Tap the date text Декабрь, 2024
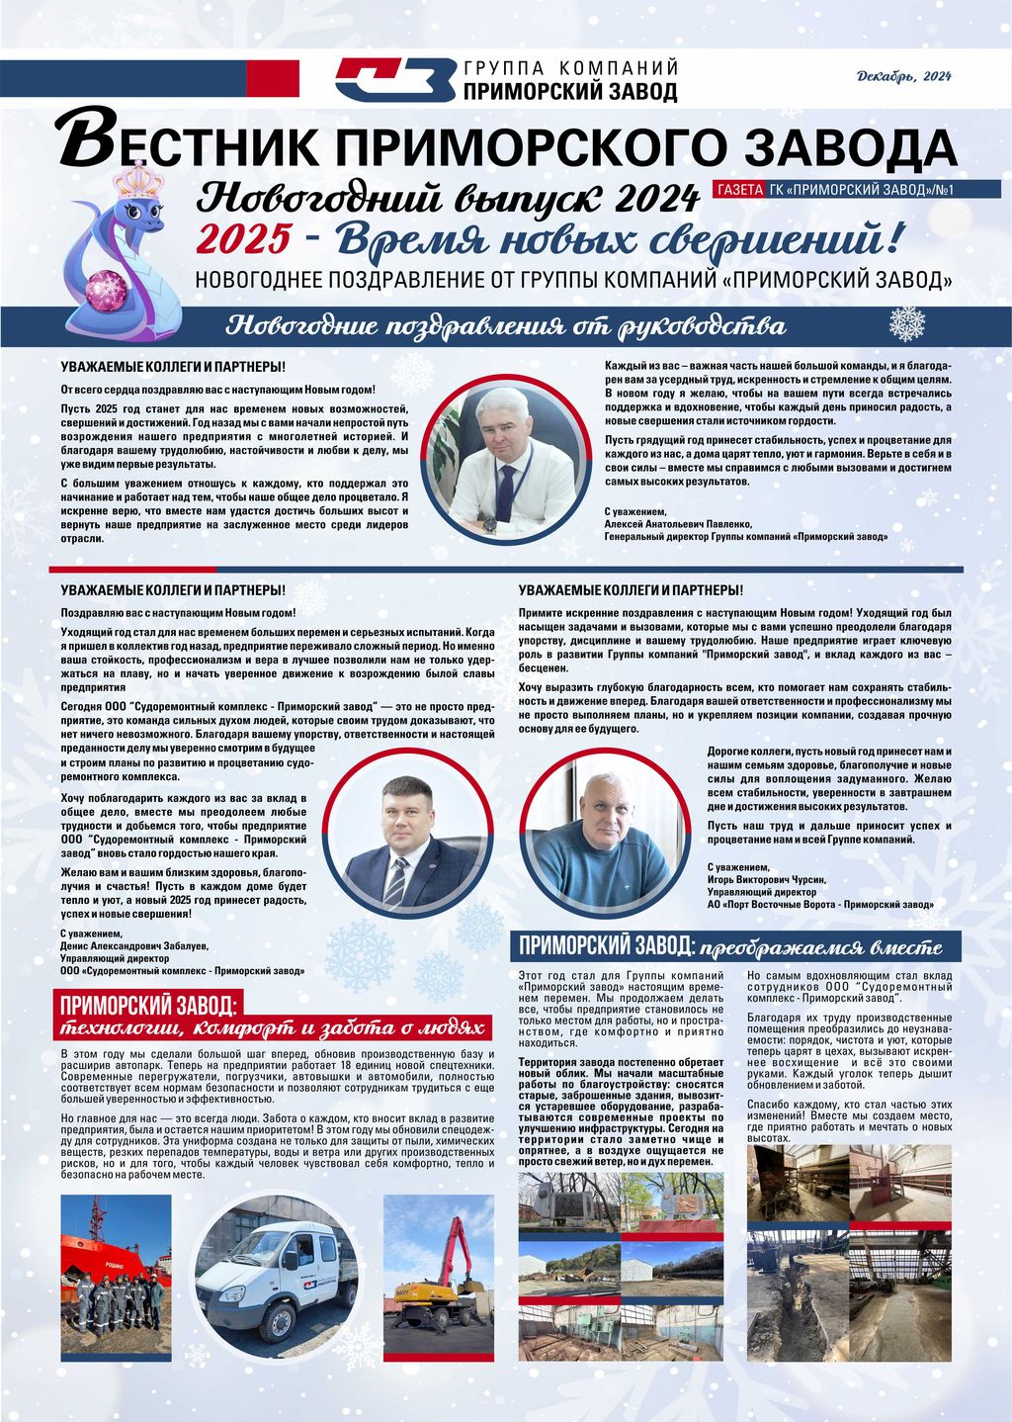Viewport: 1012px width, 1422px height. click(x=903, y=76)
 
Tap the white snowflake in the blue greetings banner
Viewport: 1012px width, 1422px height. click(x=906, y=323)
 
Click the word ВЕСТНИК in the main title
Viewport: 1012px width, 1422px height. click(x=188, y=145)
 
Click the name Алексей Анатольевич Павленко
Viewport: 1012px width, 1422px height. click(x=678, y=524)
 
